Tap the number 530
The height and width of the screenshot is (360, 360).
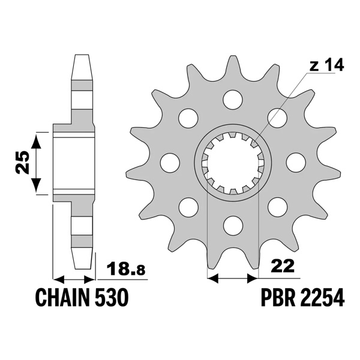pyautogui.click(x=111, y=298)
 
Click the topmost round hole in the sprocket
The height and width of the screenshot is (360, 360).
pyautogui.click(x=231, y=98)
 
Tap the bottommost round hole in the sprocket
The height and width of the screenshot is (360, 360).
pyautogui.click(x=231, y=226)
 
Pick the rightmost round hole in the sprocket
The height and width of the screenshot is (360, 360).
pyautogui.click(x=295, y=162)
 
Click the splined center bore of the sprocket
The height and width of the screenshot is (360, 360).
pyautogui.click(x=232, y=162)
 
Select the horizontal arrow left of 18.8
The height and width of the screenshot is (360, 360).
pyautogui.click(x=74, y=279)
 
